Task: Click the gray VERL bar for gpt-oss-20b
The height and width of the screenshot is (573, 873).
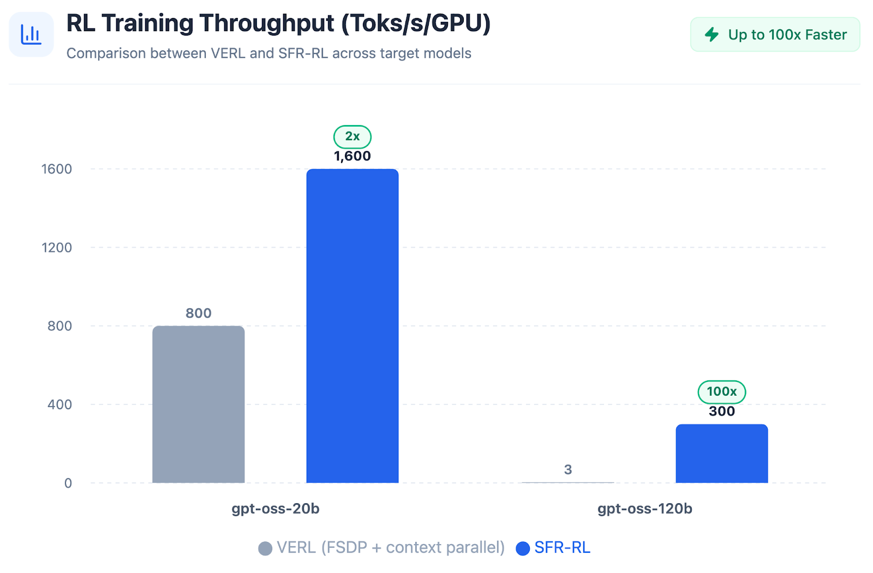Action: click(x=198, y=404)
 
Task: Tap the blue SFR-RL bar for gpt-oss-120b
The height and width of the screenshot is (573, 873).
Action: click(x=721, y=453)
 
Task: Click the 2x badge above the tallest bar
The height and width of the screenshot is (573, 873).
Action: click(x=352, y=136)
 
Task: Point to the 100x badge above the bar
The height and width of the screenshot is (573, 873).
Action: click(x=721, y=392)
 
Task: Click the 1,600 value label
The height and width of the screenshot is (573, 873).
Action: click(x=352, y=157)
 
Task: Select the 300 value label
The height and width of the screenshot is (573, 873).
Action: click(x=721, y=411)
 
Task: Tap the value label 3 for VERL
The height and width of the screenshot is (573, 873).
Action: click(x=568, y=470)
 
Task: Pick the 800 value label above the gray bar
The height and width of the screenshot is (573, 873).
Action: click(x=198, y=314)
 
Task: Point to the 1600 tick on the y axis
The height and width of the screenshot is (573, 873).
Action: click(x=57, y=169)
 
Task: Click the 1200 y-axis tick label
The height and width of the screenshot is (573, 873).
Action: click(x=57, y=248)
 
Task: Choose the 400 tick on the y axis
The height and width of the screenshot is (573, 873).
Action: click(x=59, y=405)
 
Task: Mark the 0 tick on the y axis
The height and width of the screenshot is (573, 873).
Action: click(x=68, y=484)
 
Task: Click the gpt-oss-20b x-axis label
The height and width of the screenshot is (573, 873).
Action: click(x=276, y=509)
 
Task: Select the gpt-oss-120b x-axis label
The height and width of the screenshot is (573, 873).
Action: click(x=644, y=509)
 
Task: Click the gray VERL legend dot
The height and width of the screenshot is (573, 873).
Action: click(x=265, y=548)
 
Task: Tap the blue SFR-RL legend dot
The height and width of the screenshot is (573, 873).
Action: click(x=523, y=548)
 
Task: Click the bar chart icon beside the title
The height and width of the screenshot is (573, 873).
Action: click(x=31, y=34)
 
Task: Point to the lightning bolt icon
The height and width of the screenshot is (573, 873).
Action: click(x=711, y=35)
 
